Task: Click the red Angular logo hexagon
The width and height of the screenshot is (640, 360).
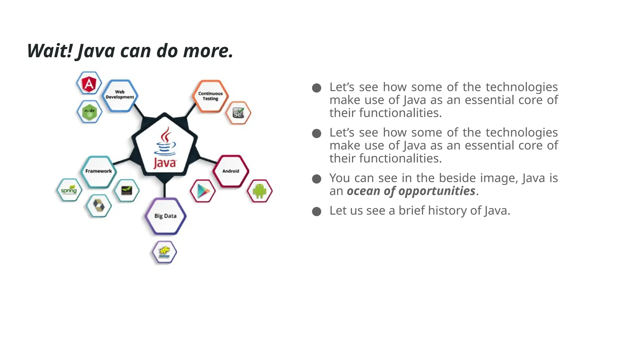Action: coord(89,83)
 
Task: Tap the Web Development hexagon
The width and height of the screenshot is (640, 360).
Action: coord(120,95)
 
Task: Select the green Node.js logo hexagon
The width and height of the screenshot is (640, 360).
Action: coord(89,112)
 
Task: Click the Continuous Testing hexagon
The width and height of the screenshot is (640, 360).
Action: coord(210,96)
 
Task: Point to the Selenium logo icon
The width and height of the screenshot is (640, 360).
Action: coord(238,113)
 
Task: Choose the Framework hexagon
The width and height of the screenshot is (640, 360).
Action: coord(98,171)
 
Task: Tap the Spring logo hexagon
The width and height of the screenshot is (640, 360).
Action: coord(69,190)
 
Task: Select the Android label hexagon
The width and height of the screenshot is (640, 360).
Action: coord(231,171)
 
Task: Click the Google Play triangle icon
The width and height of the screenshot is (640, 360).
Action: coord(203,191)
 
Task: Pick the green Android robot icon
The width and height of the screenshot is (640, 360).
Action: coord(260,191)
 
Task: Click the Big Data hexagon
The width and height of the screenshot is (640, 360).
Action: coord(165,216)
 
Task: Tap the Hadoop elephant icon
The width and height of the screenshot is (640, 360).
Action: coord(164,252)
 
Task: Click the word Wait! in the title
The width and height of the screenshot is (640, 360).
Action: coord(50,51)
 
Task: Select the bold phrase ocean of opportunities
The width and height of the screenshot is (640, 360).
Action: coord(411,191)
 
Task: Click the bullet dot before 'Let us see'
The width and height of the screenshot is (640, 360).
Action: coord(317,212)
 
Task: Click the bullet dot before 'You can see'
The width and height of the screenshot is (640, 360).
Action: coord(317,179)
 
